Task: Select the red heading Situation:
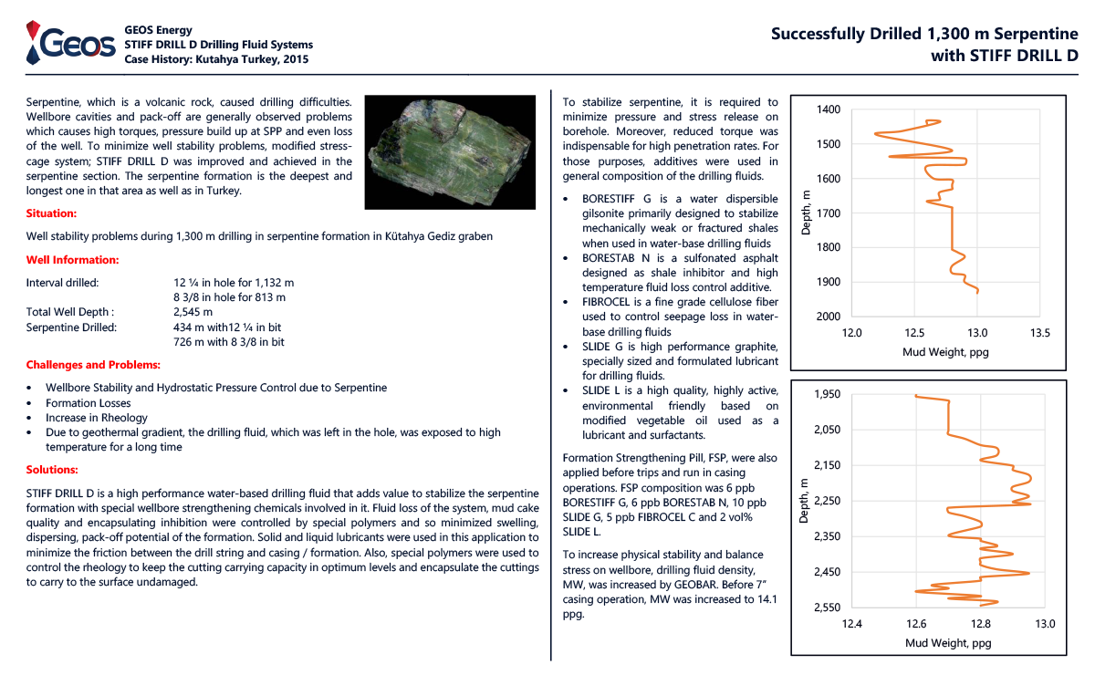[x=52, y=213]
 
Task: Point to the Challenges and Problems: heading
[x=93, y=365]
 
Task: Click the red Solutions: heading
[x=52, y=470]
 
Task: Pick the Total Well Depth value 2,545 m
[x=193, y=312]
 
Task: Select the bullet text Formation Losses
[x=89, y=403]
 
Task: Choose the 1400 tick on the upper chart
[x=828, y=109]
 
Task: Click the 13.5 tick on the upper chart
[x=1039, y=333]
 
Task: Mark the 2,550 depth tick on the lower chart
[x=826, y=607]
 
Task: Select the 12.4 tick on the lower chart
[x=852, y=625]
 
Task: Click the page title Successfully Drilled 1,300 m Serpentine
[x=924, y=34]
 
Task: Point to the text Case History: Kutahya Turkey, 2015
[x=216, y=59]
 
